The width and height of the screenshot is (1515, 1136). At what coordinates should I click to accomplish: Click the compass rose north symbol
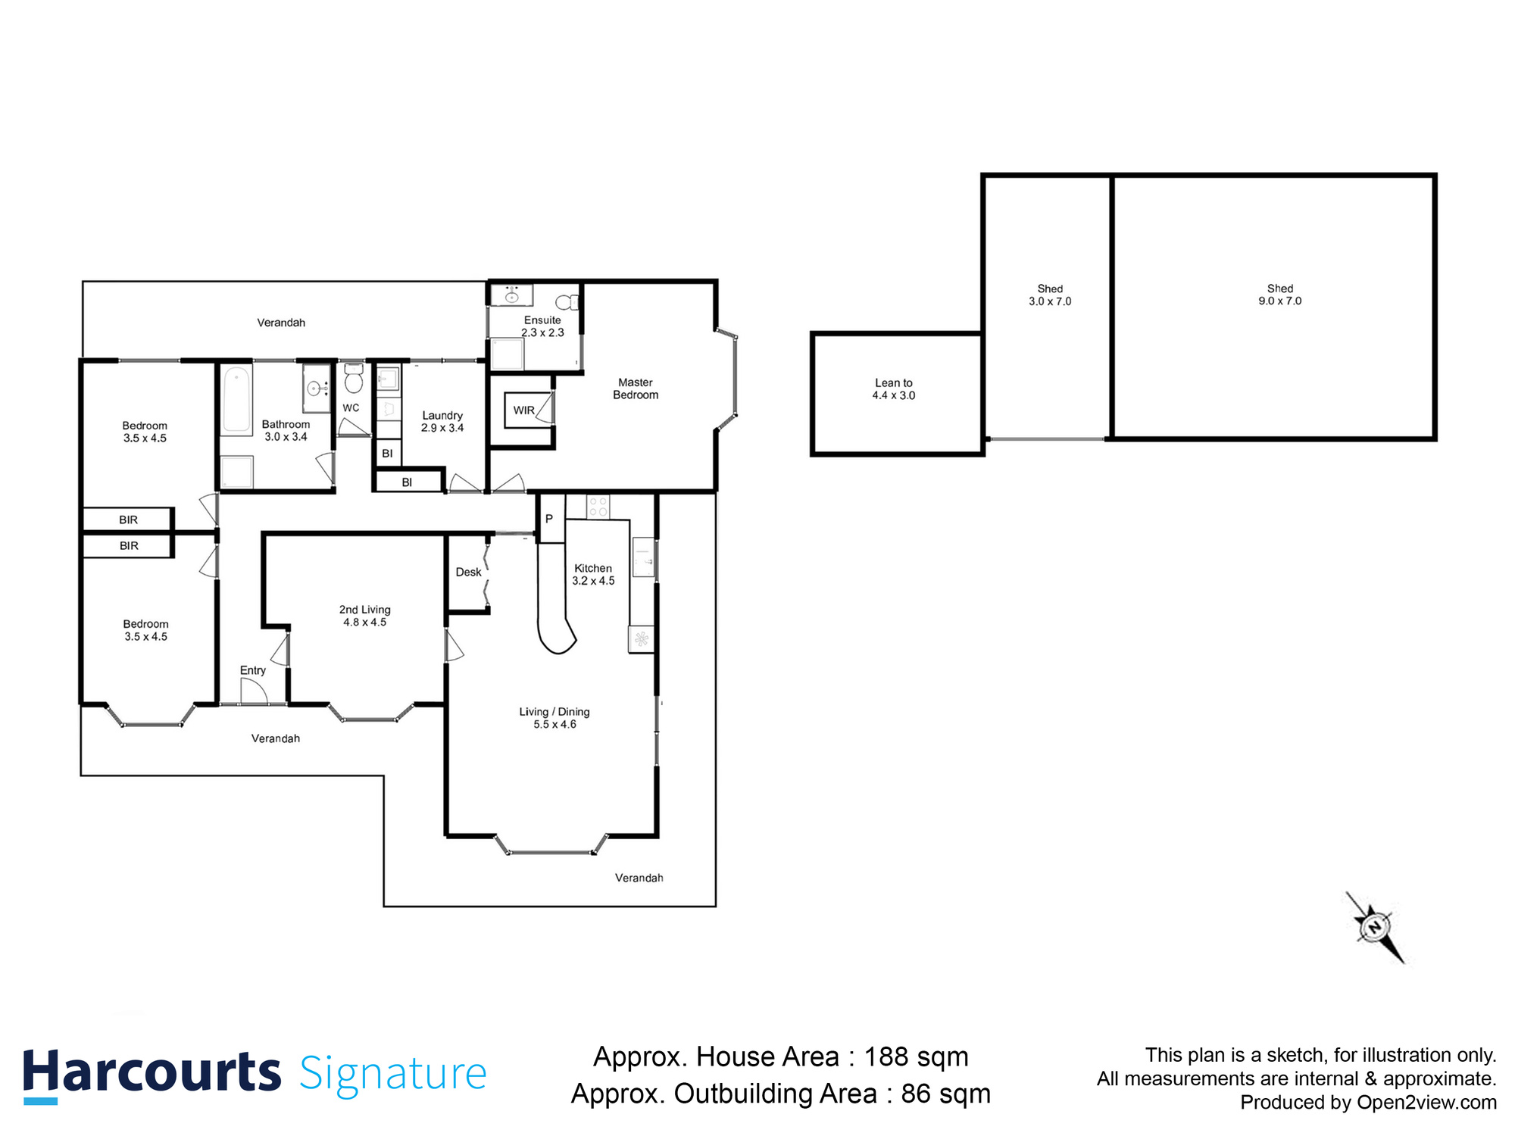tap(1374, 926)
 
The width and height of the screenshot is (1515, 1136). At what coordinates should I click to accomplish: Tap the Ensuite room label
tap(542, 326)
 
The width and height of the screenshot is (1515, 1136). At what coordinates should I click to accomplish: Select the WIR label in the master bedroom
tap(523, 410)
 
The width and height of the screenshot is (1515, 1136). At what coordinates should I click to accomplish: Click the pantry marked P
tap(549, 519)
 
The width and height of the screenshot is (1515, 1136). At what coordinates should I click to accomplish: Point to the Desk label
tap(468, 573)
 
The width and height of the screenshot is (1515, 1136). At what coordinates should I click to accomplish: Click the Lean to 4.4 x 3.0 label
tap(894, 389)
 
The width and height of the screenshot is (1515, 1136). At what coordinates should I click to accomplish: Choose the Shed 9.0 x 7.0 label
tap(1280, 295)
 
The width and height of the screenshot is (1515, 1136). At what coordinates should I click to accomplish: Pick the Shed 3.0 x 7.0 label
tap(1050, 295)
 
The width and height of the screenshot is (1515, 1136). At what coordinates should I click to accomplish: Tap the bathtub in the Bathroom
tap(237, 399)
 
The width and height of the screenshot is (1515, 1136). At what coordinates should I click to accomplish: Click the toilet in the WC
tap(353, 379)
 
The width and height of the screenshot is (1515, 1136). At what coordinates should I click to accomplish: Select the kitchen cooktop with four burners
tap(598, 507)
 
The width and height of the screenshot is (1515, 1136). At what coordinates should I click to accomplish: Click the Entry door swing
tap(253, 691)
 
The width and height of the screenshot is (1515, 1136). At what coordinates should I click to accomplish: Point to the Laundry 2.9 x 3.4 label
tap(442, 422)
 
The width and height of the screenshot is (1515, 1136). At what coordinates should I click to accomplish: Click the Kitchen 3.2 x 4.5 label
tap(593, 575)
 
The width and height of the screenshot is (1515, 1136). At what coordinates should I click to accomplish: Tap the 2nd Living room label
tap(365, 616)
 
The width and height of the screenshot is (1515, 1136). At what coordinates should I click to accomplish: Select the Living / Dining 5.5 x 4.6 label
tap(554, 718)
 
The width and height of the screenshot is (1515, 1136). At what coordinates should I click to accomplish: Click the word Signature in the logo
tap(393, 1074)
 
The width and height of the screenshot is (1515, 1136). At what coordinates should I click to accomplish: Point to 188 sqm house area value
tap(917, 1056)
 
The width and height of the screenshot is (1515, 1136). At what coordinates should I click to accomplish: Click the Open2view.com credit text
tap(1427, 1103)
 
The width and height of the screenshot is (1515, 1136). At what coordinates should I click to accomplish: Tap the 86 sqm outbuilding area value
tap(945, 1094)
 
